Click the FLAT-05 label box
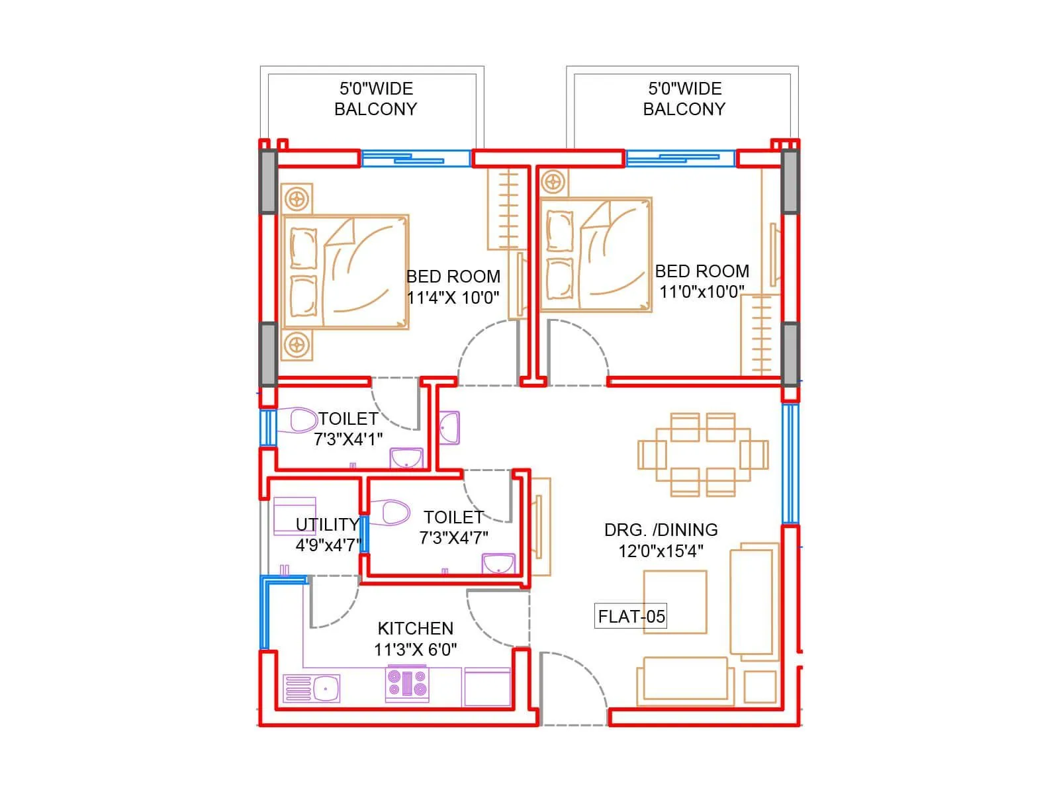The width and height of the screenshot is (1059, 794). pyautogui.click(x=631, y=617)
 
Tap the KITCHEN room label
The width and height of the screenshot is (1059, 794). pyautogui.click(x=415, y=628)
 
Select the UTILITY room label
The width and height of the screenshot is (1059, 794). pyautogui.click(x=327, y=525)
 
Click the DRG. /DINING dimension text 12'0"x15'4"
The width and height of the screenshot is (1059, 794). pyautogui.click(x=660, y=551)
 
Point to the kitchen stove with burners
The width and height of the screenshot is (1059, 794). pyautogui.click(x=407, y=684)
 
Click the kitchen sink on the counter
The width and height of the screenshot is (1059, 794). pyautogui.click(x=312, y=688)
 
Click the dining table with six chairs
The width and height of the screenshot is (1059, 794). pyautogui.click(x=702, y=455)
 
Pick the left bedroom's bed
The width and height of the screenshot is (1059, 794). pyautogui.click(x=345, y=271)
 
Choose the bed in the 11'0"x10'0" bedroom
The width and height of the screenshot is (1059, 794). pyautogui.click(x=595, y=255)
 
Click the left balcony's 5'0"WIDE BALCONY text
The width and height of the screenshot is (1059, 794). pyautogui.click(x=375, y=99)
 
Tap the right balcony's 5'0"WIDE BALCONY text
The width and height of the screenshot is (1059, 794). pyautogui.click(x=684, y=99)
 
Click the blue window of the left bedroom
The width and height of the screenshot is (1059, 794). pyautogui.click(x=415, y=159)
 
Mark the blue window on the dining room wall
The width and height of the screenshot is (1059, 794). pyautogui.click(x=790, y=463)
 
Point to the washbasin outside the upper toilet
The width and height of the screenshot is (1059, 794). pyautogui.click(x=449, y=427)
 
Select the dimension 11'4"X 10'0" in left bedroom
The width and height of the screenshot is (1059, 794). pyautogui.click(x=453, y=298)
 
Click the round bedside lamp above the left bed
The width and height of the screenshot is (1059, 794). pyautogui.click(x=297, y=198)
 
